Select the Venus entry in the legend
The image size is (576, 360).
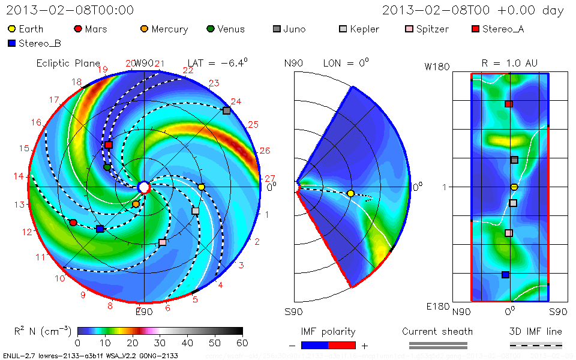point(211,29)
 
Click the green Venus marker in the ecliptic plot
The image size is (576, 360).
point(107,167)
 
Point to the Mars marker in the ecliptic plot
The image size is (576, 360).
point(73,223)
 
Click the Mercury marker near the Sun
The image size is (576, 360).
point(136,204)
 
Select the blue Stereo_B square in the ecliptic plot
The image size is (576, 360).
point(100,229)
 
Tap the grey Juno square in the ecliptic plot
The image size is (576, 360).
point(226,110)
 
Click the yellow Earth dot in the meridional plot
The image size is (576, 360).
point(350,193)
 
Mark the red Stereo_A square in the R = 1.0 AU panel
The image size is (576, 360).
point(509,104)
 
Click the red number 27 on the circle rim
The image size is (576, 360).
point(269,179)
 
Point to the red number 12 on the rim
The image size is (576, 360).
point(27,232)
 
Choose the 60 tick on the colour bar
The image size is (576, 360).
point(243,343)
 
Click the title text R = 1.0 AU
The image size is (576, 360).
point(509,63)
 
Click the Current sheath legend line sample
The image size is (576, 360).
point(438,345)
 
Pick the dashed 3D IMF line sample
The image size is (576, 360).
point(536,345)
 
